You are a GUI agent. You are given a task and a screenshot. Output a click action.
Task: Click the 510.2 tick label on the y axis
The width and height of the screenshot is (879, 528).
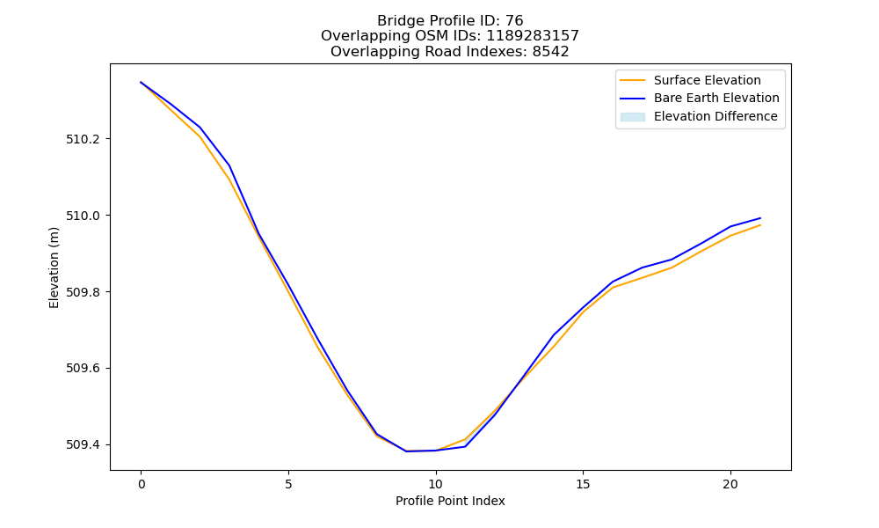(83, 139)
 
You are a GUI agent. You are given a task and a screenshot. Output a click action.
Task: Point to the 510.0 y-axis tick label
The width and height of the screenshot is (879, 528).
(83, 216)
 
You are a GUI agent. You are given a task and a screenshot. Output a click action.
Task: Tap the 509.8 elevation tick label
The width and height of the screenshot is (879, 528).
(83, 292)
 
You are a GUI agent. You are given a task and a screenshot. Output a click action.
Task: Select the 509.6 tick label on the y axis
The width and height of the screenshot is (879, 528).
(83, 368)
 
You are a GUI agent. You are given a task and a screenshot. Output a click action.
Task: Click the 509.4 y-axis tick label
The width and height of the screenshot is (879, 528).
(83, 444)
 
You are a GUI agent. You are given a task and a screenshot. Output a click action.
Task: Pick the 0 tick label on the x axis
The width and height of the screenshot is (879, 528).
(142, 484)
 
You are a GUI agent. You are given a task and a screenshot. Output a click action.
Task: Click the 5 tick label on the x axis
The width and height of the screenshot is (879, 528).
(288, 484)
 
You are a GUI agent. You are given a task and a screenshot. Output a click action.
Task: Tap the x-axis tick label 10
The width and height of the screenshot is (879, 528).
(436, 484)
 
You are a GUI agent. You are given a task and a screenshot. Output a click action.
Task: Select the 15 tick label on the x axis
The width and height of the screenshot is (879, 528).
(583, 484)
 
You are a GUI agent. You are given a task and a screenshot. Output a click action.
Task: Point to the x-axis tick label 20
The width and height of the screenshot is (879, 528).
(730, 484)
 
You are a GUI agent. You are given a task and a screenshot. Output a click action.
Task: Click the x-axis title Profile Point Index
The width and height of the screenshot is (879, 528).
(450, 501)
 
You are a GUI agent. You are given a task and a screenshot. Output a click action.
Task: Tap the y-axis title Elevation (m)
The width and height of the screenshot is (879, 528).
(54, 268)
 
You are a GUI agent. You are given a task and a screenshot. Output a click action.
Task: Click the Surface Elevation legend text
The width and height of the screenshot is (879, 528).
(707, 80)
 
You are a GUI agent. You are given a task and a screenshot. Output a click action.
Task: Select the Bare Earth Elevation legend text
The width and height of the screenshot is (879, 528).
(716, 99)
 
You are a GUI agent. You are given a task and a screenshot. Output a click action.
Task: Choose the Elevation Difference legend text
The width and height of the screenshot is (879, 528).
(716, 116)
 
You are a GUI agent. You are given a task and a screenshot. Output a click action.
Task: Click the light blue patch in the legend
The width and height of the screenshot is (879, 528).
(633, 117)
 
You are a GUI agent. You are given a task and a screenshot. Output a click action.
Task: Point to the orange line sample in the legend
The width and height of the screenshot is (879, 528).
(633, 80)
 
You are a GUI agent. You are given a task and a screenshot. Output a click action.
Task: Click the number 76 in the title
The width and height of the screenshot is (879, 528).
(514, 21)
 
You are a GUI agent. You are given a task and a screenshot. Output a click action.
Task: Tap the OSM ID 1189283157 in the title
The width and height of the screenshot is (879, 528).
(532, 36)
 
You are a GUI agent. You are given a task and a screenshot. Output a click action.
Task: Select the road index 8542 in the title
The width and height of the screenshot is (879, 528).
(550, 52)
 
